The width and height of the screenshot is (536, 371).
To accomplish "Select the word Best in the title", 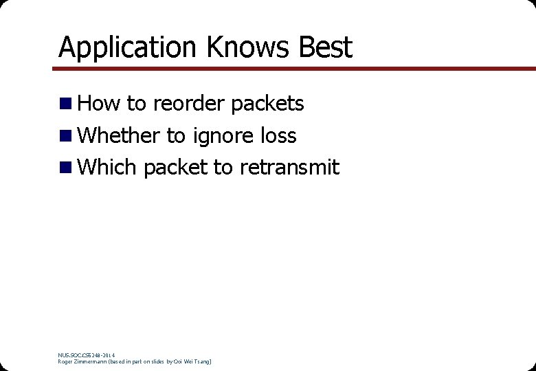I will pyautogui.click(x=325, y=48).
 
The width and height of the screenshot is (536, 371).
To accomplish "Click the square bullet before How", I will pyautogui.click(x=66, y=104).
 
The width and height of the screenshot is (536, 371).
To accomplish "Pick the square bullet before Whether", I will pyautogui.click(x=66, y=136).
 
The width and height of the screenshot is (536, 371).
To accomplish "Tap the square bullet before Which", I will pyautogui.click(x=66, y=168).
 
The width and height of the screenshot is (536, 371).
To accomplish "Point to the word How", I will pyautogui.click(x=99, y=104).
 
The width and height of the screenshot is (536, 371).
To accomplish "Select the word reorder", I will pyautogui.click(x=188, y=104).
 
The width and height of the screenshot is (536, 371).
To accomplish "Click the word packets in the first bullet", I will pyautogui.click(x=267, y=104).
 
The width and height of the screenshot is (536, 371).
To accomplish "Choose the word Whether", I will pyautogui.click(x=119, y=136).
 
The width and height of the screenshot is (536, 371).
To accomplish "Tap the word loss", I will pyautogui.click(x=279, y=136).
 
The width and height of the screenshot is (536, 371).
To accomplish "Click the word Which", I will pyautogui.click(x=108, y=168).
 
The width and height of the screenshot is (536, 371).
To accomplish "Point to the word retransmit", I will pyautogui.click(x=289, y=168).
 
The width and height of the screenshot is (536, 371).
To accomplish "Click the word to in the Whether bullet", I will pyautogui.click(x=176, y=136).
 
